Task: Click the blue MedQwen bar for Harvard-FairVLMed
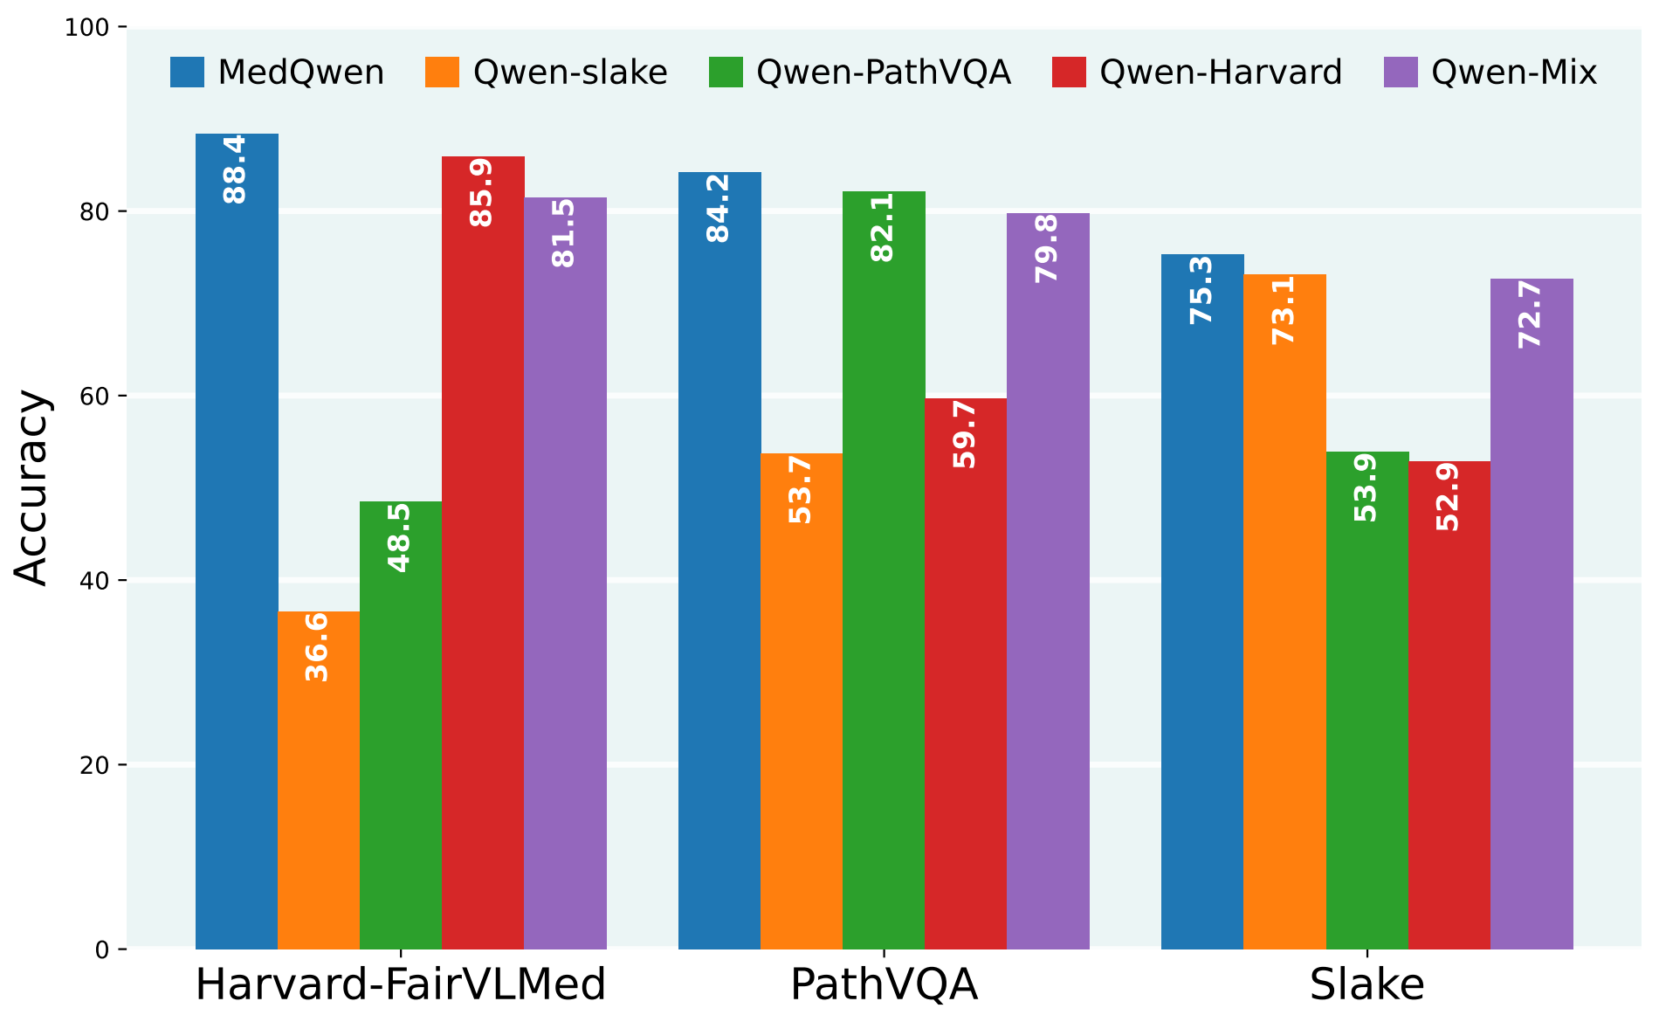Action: point(237,542)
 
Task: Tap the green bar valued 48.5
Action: point(401,725)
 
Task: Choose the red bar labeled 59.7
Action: point(966,673)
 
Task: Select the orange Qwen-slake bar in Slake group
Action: point(1284,611)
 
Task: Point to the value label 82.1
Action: point(883,227)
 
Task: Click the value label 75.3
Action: point(1202,290)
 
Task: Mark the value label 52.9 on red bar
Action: point(1449,497)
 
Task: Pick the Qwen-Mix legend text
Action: point(1514,72)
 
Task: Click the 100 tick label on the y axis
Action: point(86,28)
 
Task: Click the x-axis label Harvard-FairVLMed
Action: point(400,984)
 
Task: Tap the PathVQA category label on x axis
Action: point(884,984)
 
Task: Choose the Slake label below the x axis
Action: point(1366,984)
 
